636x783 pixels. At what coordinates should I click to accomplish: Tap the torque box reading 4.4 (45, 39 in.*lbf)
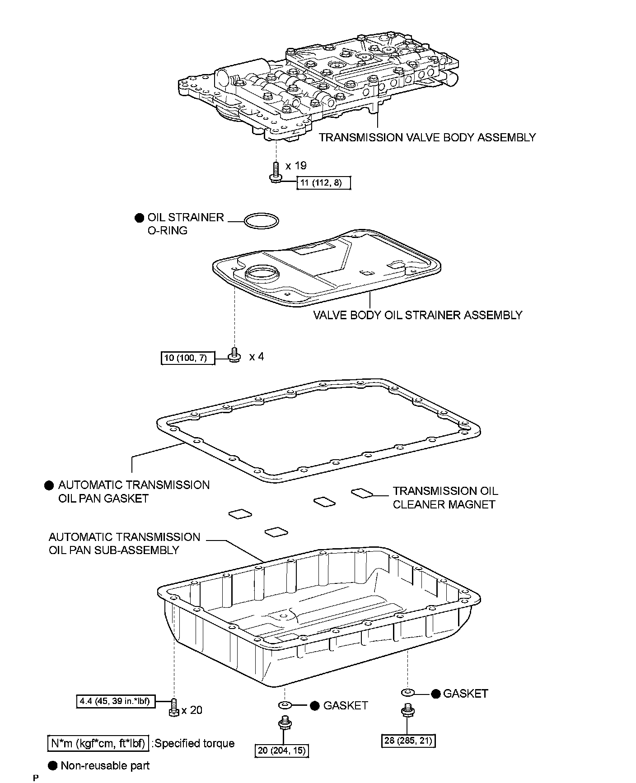pos(114,701)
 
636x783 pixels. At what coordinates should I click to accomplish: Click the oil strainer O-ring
pos(262,220)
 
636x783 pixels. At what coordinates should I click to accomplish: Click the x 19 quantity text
pos(296,165)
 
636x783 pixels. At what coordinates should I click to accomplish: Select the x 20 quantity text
pos(192,710)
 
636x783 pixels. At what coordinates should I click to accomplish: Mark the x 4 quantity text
pos(257,357)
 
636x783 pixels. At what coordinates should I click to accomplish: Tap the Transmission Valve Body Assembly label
pos(427,137)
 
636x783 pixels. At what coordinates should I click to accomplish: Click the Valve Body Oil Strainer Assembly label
pos(417,315)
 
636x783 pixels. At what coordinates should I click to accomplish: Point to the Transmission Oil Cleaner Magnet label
pos(444,498)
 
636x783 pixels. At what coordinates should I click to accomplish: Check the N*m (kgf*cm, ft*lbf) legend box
pos(98,743)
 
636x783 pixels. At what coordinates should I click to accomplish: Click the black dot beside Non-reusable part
pos(53,765)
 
